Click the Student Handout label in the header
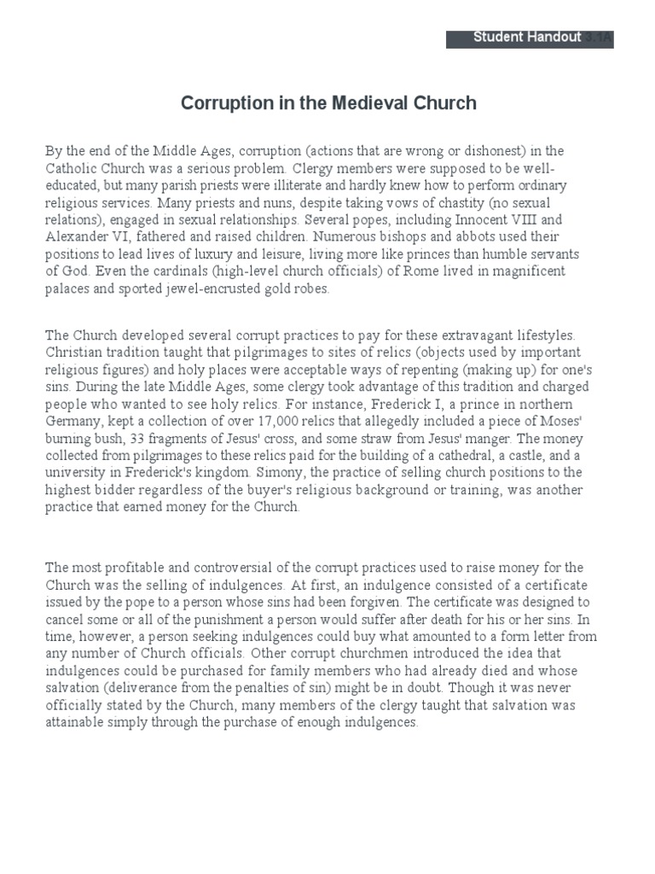pos(526,38)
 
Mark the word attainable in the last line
pos(75,722)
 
